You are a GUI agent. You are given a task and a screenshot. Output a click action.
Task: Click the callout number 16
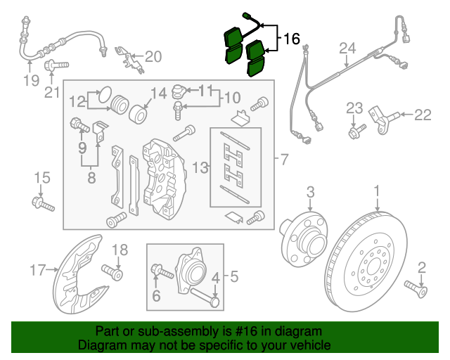pos(292,39)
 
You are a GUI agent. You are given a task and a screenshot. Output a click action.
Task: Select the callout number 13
pos(201,167)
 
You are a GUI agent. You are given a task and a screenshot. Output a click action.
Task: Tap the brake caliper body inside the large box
pos(162,176)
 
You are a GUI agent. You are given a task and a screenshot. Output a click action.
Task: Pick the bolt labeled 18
pos(112,271)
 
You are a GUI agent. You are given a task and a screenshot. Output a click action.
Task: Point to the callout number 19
pos(30,80)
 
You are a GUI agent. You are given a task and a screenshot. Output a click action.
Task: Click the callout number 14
pos(158,92)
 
